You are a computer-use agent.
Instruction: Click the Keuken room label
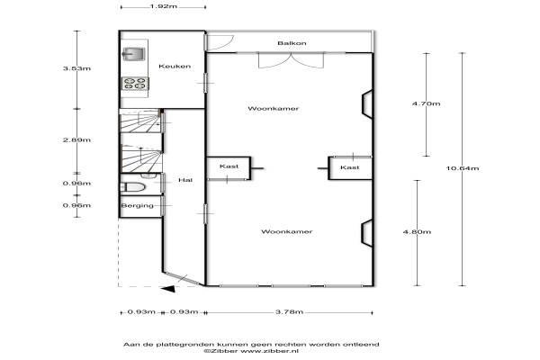point(175,66)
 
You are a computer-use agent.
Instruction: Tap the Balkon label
point(292,43)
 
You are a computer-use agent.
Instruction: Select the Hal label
point(185,180)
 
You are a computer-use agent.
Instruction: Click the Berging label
point(137,206)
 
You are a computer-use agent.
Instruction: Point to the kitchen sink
point(133,54)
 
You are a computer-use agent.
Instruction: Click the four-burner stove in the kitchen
point(135,84)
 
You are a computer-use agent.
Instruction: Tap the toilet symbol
point(132,187)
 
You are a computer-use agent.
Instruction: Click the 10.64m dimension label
point(463,168)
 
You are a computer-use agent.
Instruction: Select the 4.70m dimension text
point(426,103)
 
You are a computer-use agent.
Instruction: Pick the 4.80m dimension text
point(417,231)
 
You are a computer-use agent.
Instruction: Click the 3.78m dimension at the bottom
point(289,311)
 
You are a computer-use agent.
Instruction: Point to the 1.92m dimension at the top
point(164,6)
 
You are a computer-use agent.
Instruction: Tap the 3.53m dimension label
point(76,68)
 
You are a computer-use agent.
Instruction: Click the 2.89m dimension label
point(76,139)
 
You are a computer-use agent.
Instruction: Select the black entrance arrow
point(169,289)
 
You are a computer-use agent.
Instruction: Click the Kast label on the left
point(229,166)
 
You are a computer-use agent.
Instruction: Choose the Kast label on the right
point(349,167)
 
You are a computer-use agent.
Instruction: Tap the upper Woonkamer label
point(273,109)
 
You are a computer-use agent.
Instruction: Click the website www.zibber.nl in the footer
point(269,351)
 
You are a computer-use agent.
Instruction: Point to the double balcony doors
point(292,60)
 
